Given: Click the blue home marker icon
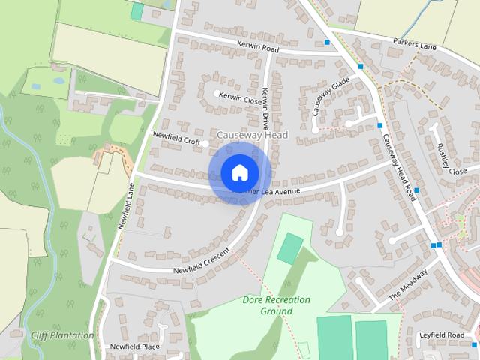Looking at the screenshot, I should point(239,172).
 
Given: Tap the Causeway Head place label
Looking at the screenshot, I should point(252,135).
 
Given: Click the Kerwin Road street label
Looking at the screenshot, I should point(259,49).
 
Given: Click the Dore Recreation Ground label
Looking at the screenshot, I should point(277,304).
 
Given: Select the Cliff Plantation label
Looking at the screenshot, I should point(62,334).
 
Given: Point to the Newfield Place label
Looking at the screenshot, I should point(135,346).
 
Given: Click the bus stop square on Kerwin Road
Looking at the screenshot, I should point(328,43).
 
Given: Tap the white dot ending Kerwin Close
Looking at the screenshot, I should point(217,94).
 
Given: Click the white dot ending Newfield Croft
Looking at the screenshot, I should point(205,143).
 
